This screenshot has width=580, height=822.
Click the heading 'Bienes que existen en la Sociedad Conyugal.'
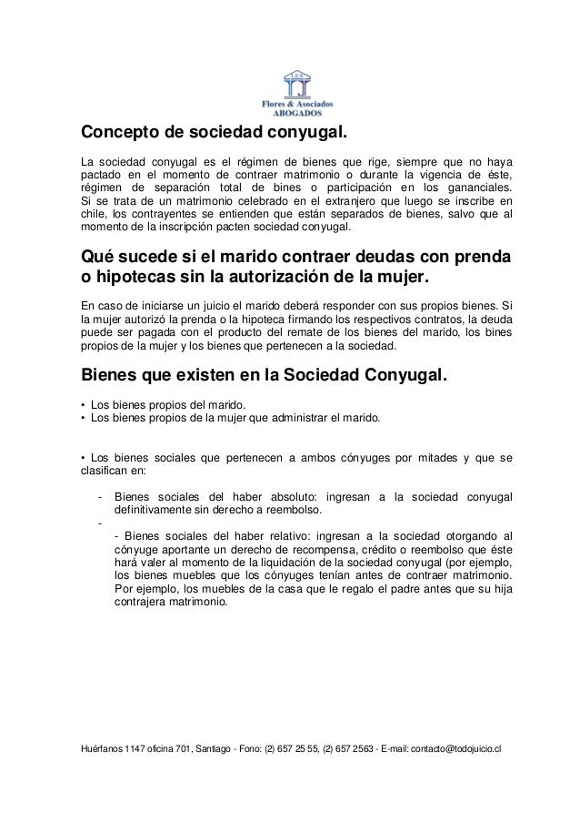pyautogui.click(x=265, y=376)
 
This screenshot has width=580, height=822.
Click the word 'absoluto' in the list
pyautogui.click(x=290, y=495)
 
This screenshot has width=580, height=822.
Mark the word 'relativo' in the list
pyautogui.click(x=274, y=535)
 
